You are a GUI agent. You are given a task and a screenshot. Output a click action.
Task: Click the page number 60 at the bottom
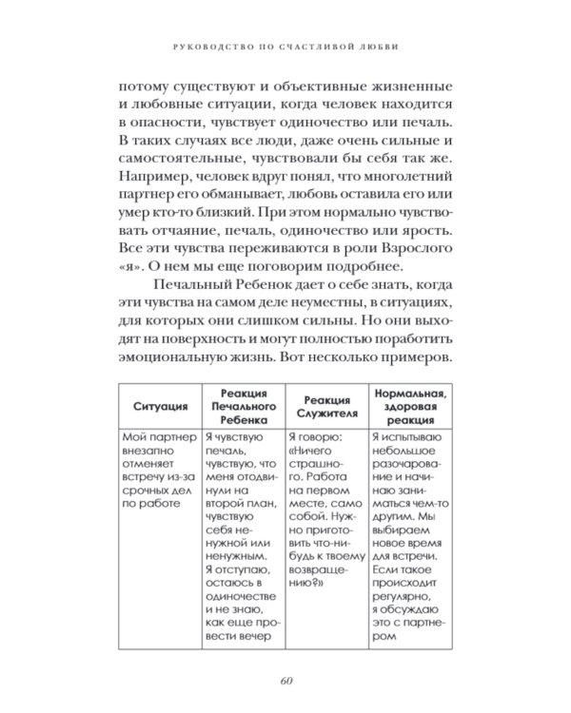(x=285, y=678)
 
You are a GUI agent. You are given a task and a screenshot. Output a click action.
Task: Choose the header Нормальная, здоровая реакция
(x=412, y=404)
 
